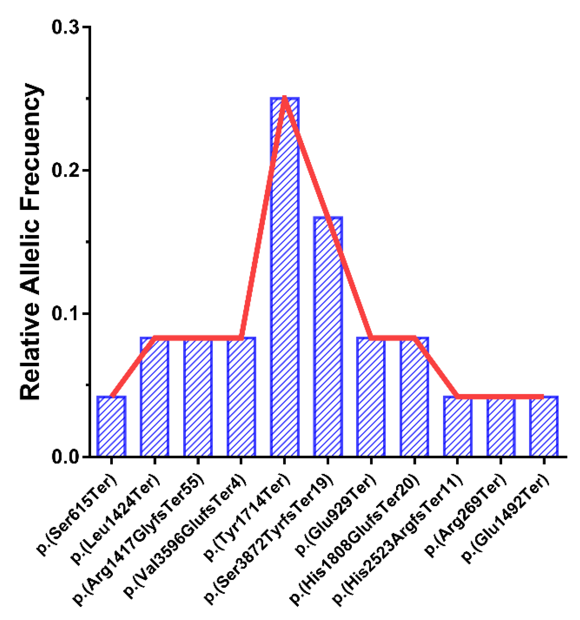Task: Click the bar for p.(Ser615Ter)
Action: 111,426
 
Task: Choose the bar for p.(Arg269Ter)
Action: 501,427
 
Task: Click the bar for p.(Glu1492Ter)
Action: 544,426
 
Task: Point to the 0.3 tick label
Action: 65,27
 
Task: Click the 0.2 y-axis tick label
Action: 65,170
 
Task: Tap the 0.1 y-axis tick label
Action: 65,314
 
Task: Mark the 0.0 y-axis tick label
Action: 65,457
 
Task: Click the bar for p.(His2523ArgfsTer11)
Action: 458,427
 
